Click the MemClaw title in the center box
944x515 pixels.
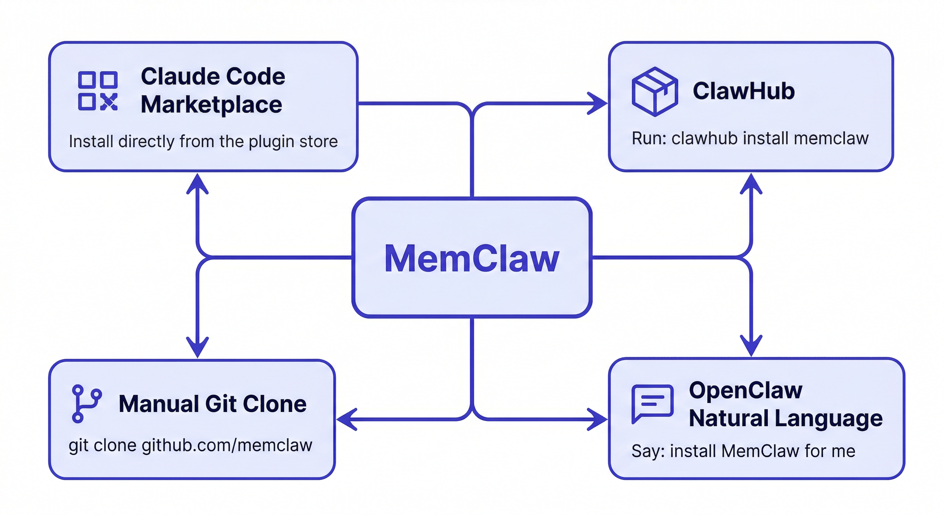click(x=472, y=258)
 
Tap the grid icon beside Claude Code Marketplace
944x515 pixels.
click(x=98, y=91)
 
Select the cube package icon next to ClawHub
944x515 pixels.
click(x=655, y=91)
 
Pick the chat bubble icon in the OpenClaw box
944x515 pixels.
click(x=652, y=404)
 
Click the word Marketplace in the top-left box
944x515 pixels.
click(x=212, y=105)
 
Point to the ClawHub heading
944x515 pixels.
click(x=744, y=91)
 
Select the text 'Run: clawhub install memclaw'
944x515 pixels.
click(x=750, y=138)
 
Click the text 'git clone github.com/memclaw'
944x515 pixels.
click(x=190, y=445)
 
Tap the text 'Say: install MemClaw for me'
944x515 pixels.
click(x=743, y=451)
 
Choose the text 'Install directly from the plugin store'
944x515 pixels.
click(x=203, y=141)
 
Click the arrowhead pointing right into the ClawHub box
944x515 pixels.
click(x=598, y=103)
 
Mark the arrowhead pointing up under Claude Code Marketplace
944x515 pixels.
click(x=197, y=183)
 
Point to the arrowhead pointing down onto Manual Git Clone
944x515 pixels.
click(x=197, y=347)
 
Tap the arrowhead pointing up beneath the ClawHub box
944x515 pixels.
click(x=751, y=183)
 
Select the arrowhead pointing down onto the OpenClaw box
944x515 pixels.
click(x=751, y=346)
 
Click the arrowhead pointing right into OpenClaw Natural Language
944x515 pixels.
click(x=598, y=419)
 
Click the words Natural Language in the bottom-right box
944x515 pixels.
click(x=786, y=418)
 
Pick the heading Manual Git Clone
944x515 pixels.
click(x=213, y=404)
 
